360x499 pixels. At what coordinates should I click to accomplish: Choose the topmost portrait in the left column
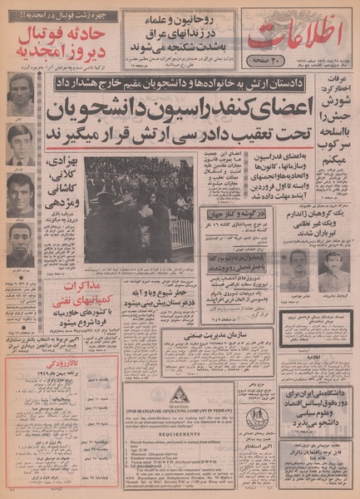click(x=20, y=92)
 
